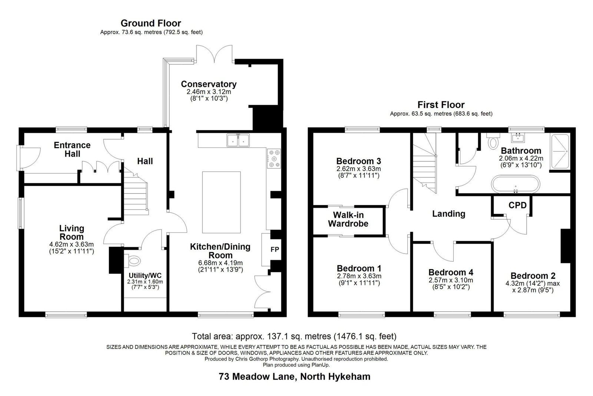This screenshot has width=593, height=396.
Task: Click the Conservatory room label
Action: click(x=209, y=84)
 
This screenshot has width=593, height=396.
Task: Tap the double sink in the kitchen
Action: click(x=238, y=140)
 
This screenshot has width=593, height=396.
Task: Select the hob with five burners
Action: click(x=274, y=158)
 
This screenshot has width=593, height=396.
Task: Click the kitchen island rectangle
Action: click(x=221, y=202)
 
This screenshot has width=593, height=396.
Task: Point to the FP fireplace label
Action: click(x=275, y=249)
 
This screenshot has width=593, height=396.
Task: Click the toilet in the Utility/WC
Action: click(x=133, y=261)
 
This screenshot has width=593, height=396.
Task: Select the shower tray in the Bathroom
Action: click(x=560, y=151)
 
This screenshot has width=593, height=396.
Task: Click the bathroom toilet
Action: click(x=493, y=141)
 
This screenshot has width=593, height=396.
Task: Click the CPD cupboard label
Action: click(x=517, y=205)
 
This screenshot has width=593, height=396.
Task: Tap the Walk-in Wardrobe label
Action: click(x=348, y=219)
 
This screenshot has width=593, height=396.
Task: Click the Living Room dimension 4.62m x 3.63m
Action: click(x=72, y=244)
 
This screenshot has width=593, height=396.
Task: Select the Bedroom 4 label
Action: click(x=451, y=272)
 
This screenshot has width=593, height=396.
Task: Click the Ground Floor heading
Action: click(x=151, y=23)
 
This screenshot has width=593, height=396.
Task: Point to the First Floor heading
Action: click(x=441, y=105)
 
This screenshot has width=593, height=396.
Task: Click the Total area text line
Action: click(x=294, y=336)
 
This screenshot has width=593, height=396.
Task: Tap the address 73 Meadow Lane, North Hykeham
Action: click(x=294, y=376)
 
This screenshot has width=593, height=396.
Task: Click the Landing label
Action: click(x=449, y=214)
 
